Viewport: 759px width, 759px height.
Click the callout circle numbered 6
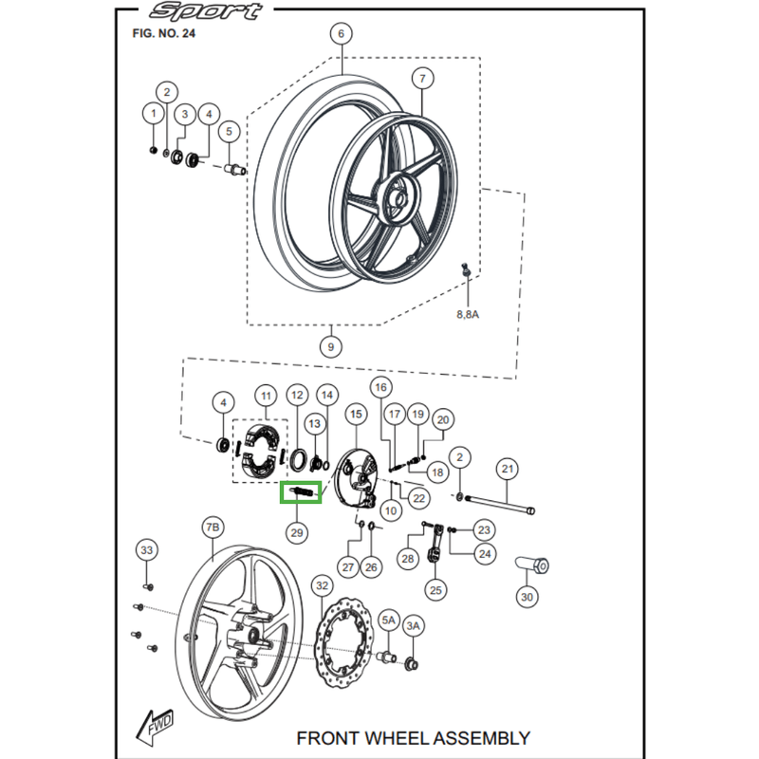tap(340, 34)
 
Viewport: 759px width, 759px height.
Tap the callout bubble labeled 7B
tap(212, 527)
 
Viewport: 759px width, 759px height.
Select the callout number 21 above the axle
tap(508, 469)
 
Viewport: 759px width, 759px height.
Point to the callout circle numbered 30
tap(527, 597)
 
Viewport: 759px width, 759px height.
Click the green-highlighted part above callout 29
tap(301, 492)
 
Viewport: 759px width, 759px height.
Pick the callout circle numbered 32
tap(323, 585)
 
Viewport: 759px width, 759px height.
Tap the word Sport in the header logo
tap(206, 12)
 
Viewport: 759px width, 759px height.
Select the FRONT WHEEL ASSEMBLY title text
tap(413, 737)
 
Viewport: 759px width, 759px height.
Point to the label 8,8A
tap(468, 313)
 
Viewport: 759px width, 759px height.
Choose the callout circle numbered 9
tap(330, 346)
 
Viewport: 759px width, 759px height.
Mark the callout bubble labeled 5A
tap(389, 620)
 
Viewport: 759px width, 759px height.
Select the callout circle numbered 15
tap(356, 414)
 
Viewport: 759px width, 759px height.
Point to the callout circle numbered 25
tap(435, 590)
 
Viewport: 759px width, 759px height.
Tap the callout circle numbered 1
tap(152, 114)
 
